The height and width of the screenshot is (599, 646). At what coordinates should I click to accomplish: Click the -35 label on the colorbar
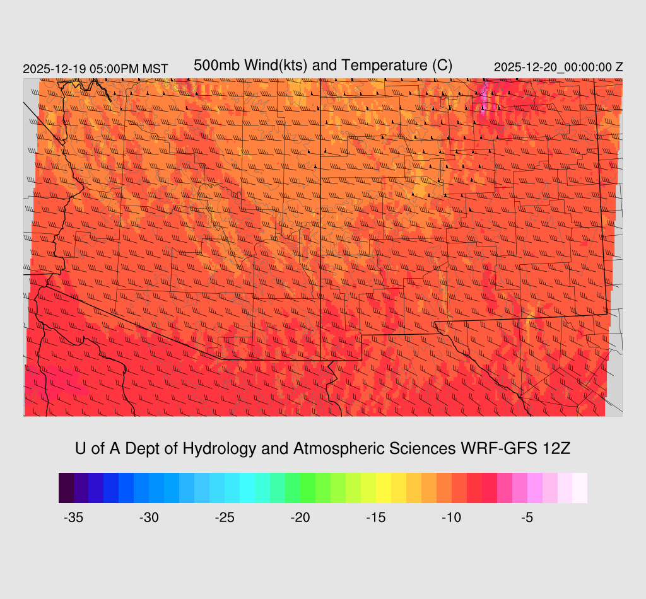tap(74, 518)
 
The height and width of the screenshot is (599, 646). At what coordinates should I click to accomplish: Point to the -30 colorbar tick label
tap(149, 518)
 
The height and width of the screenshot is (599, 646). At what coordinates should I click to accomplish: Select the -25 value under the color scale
tap(225, 518)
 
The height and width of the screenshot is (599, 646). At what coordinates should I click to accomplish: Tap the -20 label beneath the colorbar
tap(300, 518)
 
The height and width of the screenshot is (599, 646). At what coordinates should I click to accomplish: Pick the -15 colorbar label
tap(376, 518)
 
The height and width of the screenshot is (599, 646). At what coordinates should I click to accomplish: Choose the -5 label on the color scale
tap(527, 518)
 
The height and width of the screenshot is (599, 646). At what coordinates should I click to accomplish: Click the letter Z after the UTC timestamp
tap(620, 67)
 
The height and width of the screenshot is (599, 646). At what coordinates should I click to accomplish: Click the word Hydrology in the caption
tap(220, 448)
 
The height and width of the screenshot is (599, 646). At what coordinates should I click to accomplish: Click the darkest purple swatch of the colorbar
tap(66, 488)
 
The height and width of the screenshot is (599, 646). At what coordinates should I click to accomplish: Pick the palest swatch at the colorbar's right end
tap(580, 488)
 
